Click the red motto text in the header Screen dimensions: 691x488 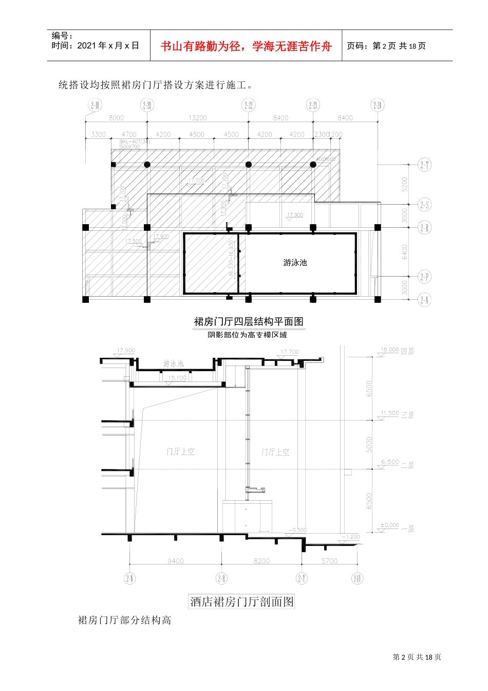point(246,46)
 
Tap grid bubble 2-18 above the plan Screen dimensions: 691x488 point(95,105)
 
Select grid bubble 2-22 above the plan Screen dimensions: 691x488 point(249,105)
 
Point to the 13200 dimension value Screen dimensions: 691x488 point(198,118)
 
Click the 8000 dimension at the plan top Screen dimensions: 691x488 point(116,118)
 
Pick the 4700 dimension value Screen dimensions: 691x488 point(129,134)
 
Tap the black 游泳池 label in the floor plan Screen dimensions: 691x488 point(295,262)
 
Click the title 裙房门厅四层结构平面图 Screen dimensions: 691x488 point(249,321)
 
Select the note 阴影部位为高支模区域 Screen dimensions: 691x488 point(247,335)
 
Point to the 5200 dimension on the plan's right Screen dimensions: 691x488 point(405,184)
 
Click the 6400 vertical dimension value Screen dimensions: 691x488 point(405,252)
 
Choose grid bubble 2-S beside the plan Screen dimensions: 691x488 point(424,205)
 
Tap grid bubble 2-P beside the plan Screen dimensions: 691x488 point(424,277)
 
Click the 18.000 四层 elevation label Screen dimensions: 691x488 point(397,351)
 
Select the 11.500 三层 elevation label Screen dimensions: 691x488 point(397,414)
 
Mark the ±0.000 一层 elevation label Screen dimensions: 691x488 point(397,526)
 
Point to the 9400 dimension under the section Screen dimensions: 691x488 point(175,561)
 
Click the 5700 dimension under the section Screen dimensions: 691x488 point(329,561)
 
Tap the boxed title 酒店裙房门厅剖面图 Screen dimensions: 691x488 point(242,602)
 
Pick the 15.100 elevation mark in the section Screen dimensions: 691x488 point(177,378)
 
